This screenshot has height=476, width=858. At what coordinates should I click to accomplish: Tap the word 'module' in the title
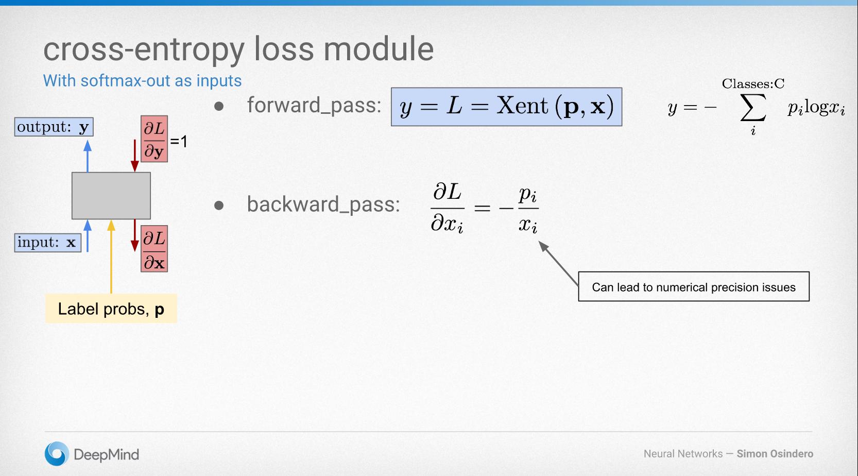(379, 49)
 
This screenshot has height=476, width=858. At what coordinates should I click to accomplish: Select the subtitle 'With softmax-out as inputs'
(142, 81)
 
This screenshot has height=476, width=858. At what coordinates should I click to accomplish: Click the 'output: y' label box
(54, 127)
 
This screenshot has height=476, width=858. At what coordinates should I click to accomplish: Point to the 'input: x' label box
(47, 242)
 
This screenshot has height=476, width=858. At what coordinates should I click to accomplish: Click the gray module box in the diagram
(111, 195)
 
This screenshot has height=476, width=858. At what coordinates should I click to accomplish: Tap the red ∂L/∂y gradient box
(154, 139)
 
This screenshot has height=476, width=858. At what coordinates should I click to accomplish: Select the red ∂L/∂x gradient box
(154, 249)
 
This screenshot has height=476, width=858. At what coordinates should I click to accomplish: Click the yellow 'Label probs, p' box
(111, 309)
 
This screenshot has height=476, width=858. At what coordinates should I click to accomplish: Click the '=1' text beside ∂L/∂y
(179, 141)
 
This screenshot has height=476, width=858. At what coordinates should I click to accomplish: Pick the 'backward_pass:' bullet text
(323, 204)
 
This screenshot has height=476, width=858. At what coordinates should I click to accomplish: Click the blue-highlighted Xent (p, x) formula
(506, 107)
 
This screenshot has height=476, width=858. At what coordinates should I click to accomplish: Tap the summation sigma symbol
(752, 109)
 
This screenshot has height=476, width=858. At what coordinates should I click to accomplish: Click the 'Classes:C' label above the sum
(753, 83)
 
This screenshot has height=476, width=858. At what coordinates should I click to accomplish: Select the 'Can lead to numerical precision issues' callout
(693, 286)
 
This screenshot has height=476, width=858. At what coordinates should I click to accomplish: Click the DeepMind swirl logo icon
(56, 454)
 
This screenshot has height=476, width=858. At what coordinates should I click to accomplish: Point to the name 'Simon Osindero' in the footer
(775, 454)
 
